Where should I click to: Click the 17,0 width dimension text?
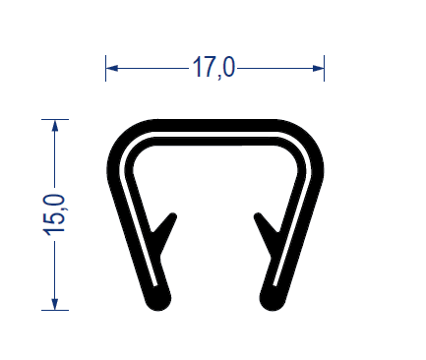(213, 67)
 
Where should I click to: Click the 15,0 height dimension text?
(54, 214)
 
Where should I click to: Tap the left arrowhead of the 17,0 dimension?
(112, 68)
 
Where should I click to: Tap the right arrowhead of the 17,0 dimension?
(318, 68)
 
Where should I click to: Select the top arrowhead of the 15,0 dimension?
(55, 126)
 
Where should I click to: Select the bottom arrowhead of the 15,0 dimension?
(55, 304)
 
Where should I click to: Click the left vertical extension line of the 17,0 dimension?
(105, 68)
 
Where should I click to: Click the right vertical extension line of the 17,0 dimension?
(324, 68)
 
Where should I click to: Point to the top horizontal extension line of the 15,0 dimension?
(55, 119)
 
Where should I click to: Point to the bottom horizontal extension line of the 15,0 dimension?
(55, 310)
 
